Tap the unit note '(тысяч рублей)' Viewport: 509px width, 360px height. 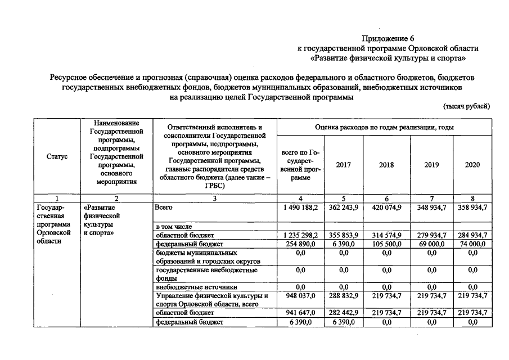point(466,106)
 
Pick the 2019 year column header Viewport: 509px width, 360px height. point(431,165)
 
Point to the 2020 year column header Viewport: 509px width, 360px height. point(472,165)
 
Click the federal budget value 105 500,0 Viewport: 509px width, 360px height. point(386,244)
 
